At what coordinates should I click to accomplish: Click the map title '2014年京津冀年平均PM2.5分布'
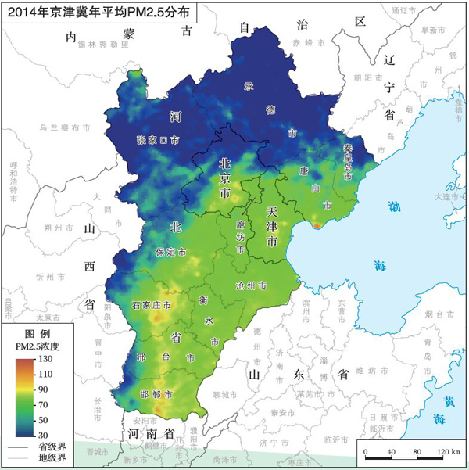[x=98, y=13]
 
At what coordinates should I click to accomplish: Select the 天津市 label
[x=271, y=227]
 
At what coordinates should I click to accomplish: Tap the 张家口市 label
[x=158, y=140]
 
